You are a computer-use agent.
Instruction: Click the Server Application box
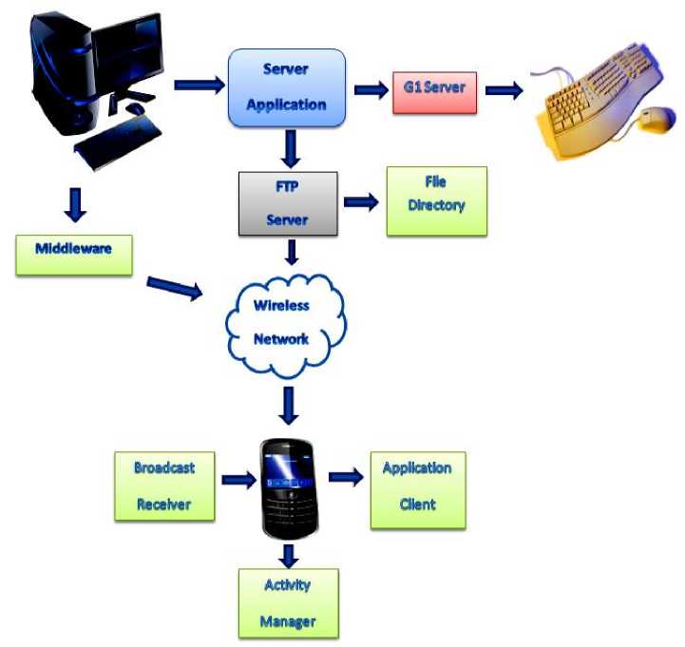(x=286, y=87)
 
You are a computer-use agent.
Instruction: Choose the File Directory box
(x=436, y=201)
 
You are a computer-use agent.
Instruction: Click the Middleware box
(x=73, y=253)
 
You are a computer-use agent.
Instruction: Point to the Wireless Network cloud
(x=283, y=323)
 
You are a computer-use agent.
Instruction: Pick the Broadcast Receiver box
(x=164, y=485)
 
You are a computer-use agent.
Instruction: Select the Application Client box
(x=417, y=489)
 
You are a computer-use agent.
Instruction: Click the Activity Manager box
(x=287, y=602)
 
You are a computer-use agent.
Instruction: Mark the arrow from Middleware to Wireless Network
(x=177, y=286)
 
